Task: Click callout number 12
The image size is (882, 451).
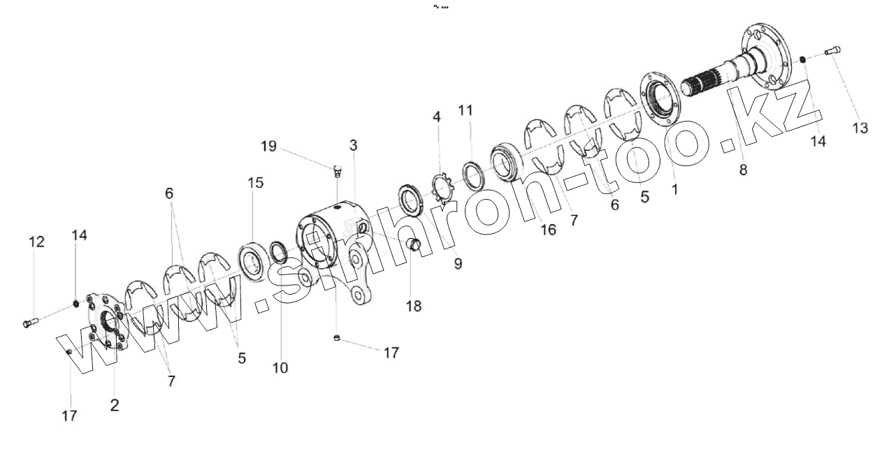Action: click(x=36, y=242)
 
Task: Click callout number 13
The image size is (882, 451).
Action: click(x=860, y=128)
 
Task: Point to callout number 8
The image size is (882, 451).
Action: click(x=743, y=170)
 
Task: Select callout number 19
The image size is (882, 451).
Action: click(x=269, y=147)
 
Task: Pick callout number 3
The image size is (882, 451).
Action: click(x=354, y=145)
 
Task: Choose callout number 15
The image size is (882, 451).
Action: click(x=255, y=183)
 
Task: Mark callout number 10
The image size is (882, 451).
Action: click(x=280, y=367)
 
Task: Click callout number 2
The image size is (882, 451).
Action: click(x=115, y=405)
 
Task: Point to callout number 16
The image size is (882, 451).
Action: click(x=549, y=229)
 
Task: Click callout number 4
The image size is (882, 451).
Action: click(x=437, y=117)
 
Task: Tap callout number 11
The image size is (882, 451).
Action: click(x=465, y=110)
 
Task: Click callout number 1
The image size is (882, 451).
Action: click(x=674, y=188)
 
